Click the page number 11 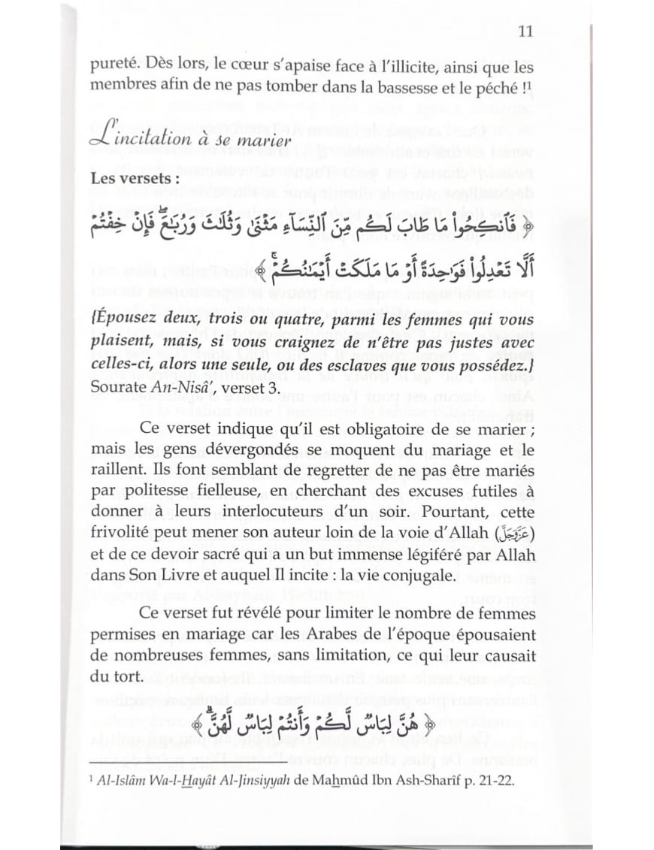pos(525,32)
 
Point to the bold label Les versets pos(125,180)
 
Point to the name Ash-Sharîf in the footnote pos(418,781)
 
